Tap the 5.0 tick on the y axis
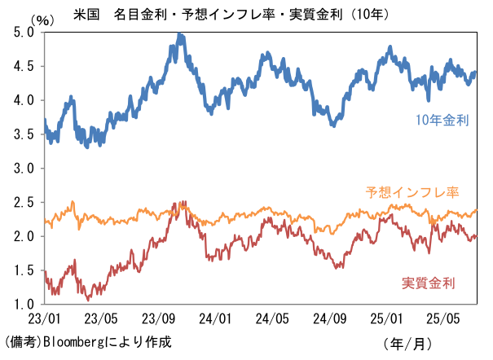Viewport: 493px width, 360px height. coord(24,33)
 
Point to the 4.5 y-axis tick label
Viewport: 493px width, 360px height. coord(24,67)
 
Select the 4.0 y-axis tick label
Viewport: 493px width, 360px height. coord(24,100)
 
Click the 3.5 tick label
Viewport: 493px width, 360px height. coord(24,134)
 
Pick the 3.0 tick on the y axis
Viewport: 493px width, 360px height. coord(24,169)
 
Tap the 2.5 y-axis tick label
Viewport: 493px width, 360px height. coord(24,203)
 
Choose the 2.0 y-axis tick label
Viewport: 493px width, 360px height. coord(24,237)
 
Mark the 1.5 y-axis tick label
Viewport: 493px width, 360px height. coord(24,270)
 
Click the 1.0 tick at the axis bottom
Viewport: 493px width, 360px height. coord(24,305)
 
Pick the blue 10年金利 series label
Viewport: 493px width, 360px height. coord(441,121)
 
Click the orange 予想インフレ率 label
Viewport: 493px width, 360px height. coord(411,193)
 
